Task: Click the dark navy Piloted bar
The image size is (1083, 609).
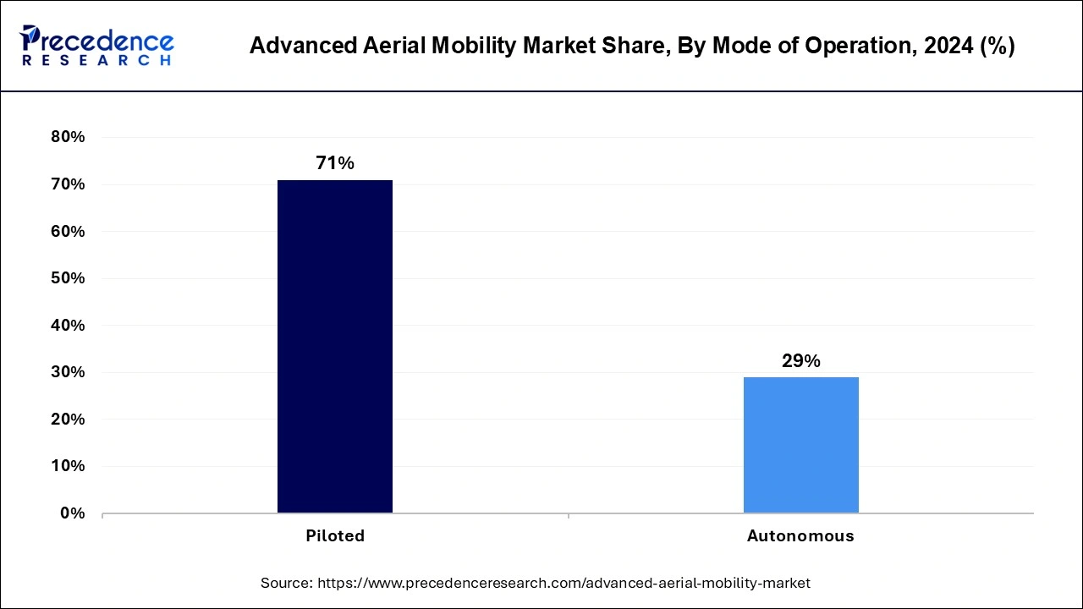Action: [x=335, y=346]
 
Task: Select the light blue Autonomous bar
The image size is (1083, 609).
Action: [x=800, y=445]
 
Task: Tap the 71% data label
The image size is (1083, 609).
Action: [x=335, y=163]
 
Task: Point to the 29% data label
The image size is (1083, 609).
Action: [x=800, y=361]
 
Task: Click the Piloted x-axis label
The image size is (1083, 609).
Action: [x=335, y=535]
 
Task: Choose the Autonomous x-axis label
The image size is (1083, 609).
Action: [x=800, y=535]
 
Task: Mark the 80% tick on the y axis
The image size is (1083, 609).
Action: [x=68, y=137]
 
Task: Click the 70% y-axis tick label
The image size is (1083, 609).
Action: [x=68, y=184]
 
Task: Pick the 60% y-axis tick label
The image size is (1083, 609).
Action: [x=68, y=231]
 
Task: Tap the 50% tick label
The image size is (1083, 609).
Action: [x=68, y=278]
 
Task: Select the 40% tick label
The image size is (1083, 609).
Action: [x=68, y=325]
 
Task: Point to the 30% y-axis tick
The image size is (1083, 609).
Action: [x=68, y=372]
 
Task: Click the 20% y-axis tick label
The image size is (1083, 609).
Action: [x=68, y=419]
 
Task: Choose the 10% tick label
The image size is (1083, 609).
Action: [x=68, y=466]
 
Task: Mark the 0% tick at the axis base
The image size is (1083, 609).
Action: [x=72, y=513]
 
